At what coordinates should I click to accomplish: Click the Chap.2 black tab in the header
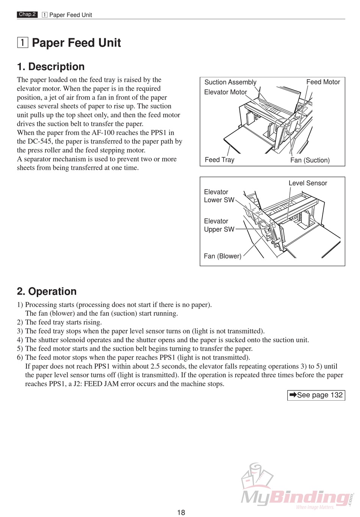(x=27, y=14)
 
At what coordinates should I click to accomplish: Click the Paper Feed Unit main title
(x=76, y=43)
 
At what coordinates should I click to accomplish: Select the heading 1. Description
(x=51, y=67)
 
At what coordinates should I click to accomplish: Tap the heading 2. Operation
(x=47, y=291)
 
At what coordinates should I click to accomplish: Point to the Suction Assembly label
(x=230, y=82)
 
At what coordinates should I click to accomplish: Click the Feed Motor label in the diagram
(x=323, y=82)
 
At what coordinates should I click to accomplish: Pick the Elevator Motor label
(x=225, y=92)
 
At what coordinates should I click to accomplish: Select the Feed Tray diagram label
(x=219, y=160)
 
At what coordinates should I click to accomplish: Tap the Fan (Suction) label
(x=310, y=160)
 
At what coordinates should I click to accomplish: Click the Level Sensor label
(x=308, y=183)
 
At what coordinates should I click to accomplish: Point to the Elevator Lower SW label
(x=219, y=196)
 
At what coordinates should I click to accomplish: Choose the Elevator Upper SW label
(x=219, y=225)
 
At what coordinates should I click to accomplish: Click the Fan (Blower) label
(x=222, y=256)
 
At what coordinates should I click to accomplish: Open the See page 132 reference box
(x=316, y=395)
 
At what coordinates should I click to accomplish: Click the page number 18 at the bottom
(x=181, y=512)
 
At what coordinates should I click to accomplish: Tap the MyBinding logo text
(x=296, y=497)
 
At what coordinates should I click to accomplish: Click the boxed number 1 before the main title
(x=22, y=42)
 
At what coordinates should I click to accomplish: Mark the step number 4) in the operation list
(x=20, y=340)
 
